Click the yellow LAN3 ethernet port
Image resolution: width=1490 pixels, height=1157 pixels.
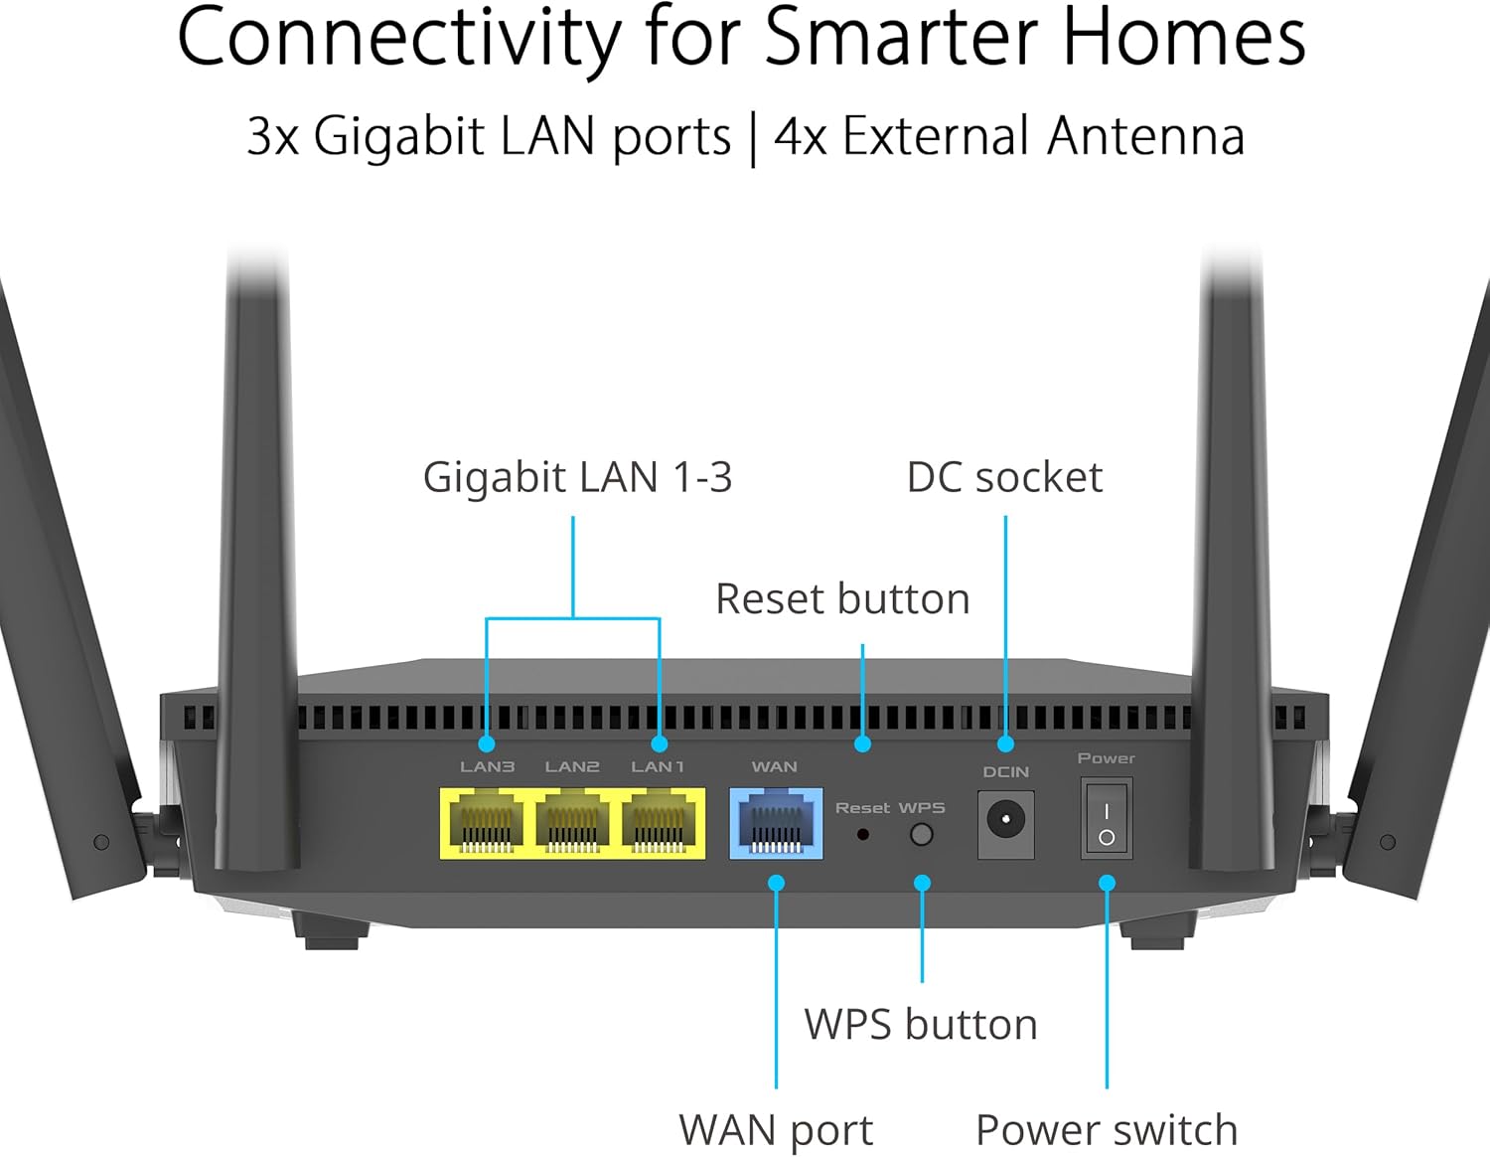[486, 824]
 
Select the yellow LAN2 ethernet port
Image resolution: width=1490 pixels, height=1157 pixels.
[572, 824]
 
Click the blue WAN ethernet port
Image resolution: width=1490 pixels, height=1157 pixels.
[776, 824]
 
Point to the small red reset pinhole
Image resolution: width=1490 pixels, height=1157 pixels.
[862, 835]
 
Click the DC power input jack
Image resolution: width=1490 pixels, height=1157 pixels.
[1005, 823]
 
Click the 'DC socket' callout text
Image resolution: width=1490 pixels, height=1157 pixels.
[1004, 478]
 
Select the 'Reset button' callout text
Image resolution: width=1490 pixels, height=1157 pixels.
[842, 599]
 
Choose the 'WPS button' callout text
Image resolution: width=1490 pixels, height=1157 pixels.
[921, 1025]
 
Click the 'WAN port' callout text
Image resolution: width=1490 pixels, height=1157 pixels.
[776, 1130]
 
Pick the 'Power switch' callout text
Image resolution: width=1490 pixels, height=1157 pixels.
[1107, 1130]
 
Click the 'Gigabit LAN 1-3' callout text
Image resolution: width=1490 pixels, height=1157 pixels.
[577, 478]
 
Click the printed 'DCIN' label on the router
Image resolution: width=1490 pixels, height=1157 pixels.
[1005, 772]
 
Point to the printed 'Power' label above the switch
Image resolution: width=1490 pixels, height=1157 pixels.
[1106, 758]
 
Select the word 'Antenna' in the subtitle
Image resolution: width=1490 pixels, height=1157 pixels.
[1144, 136]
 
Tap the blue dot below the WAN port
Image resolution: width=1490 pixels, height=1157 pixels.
[777, 883]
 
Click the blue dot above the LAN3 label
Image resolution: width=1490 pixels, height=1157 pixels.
[486, 744]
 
